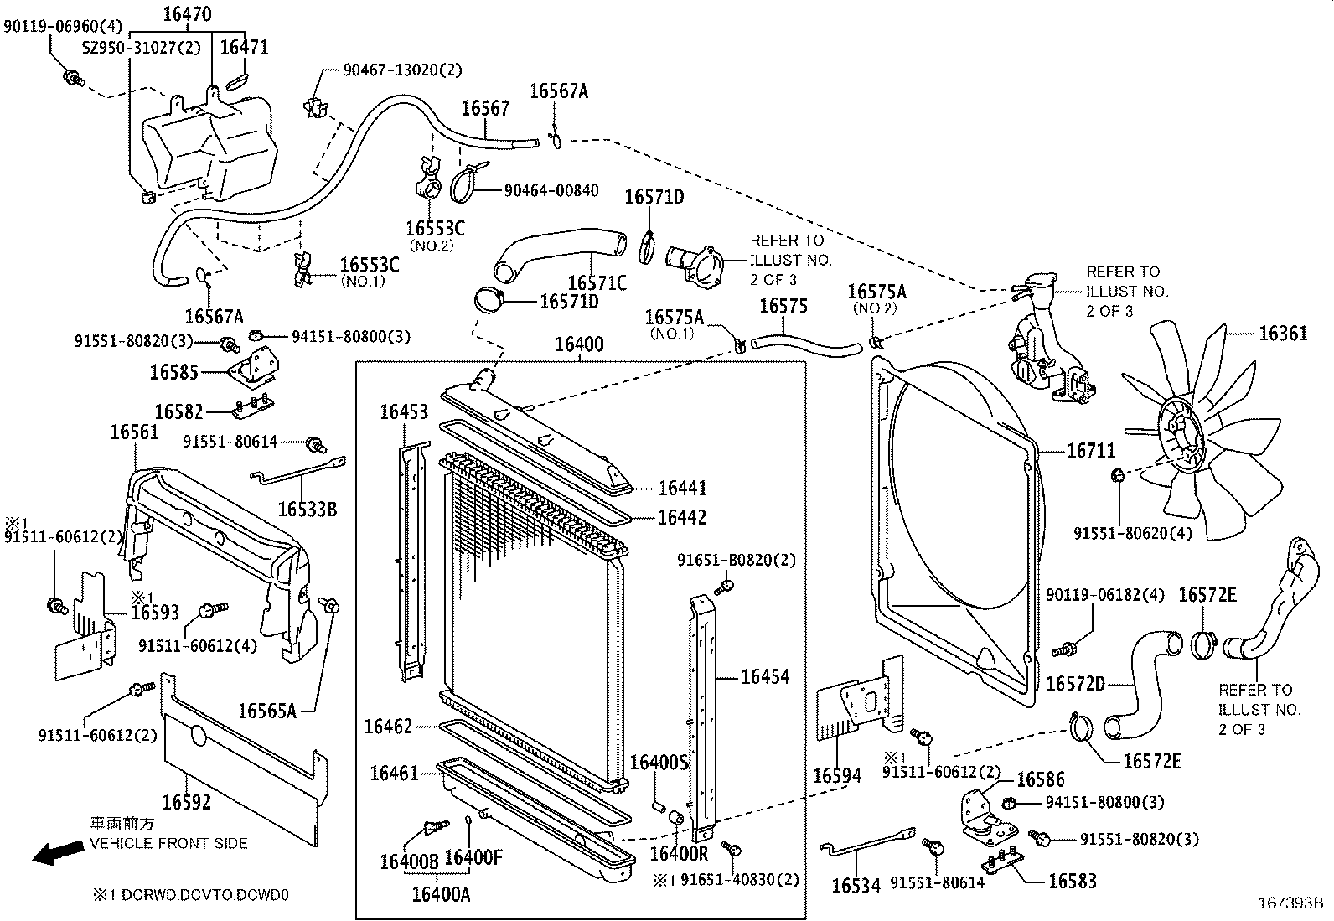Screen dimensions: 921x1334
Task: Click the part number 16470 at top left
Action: (187, 13)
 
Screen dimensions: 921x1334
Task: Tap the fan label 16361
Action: (1282, 334)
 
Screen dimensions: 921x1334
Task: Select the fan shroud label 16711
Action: (1090, 451)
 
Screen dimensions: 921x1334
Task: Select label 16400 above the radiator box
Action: (579, 344)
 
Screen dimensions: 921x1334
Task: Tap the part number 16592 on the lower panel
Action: (186, 802)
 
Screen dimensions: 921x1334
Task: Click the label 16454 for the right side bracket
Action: (764, 676)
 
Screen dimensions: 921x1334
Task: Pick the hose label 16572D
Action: (1075, 684)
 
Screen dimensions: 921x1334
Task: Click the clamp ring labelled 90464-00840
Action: (467, 184)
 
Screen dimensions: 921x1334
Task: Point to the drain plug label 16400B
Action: (408, 859)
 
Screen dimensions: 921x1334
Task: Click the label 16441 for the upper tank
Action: (682, 487)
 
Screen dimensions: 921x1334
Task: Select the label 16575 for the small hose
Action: (783, 306)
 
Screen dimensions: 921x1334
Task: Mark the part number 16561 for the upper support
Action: (135, 432)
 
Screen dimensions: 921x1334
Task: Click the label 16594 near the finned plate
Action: (837, 775)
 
